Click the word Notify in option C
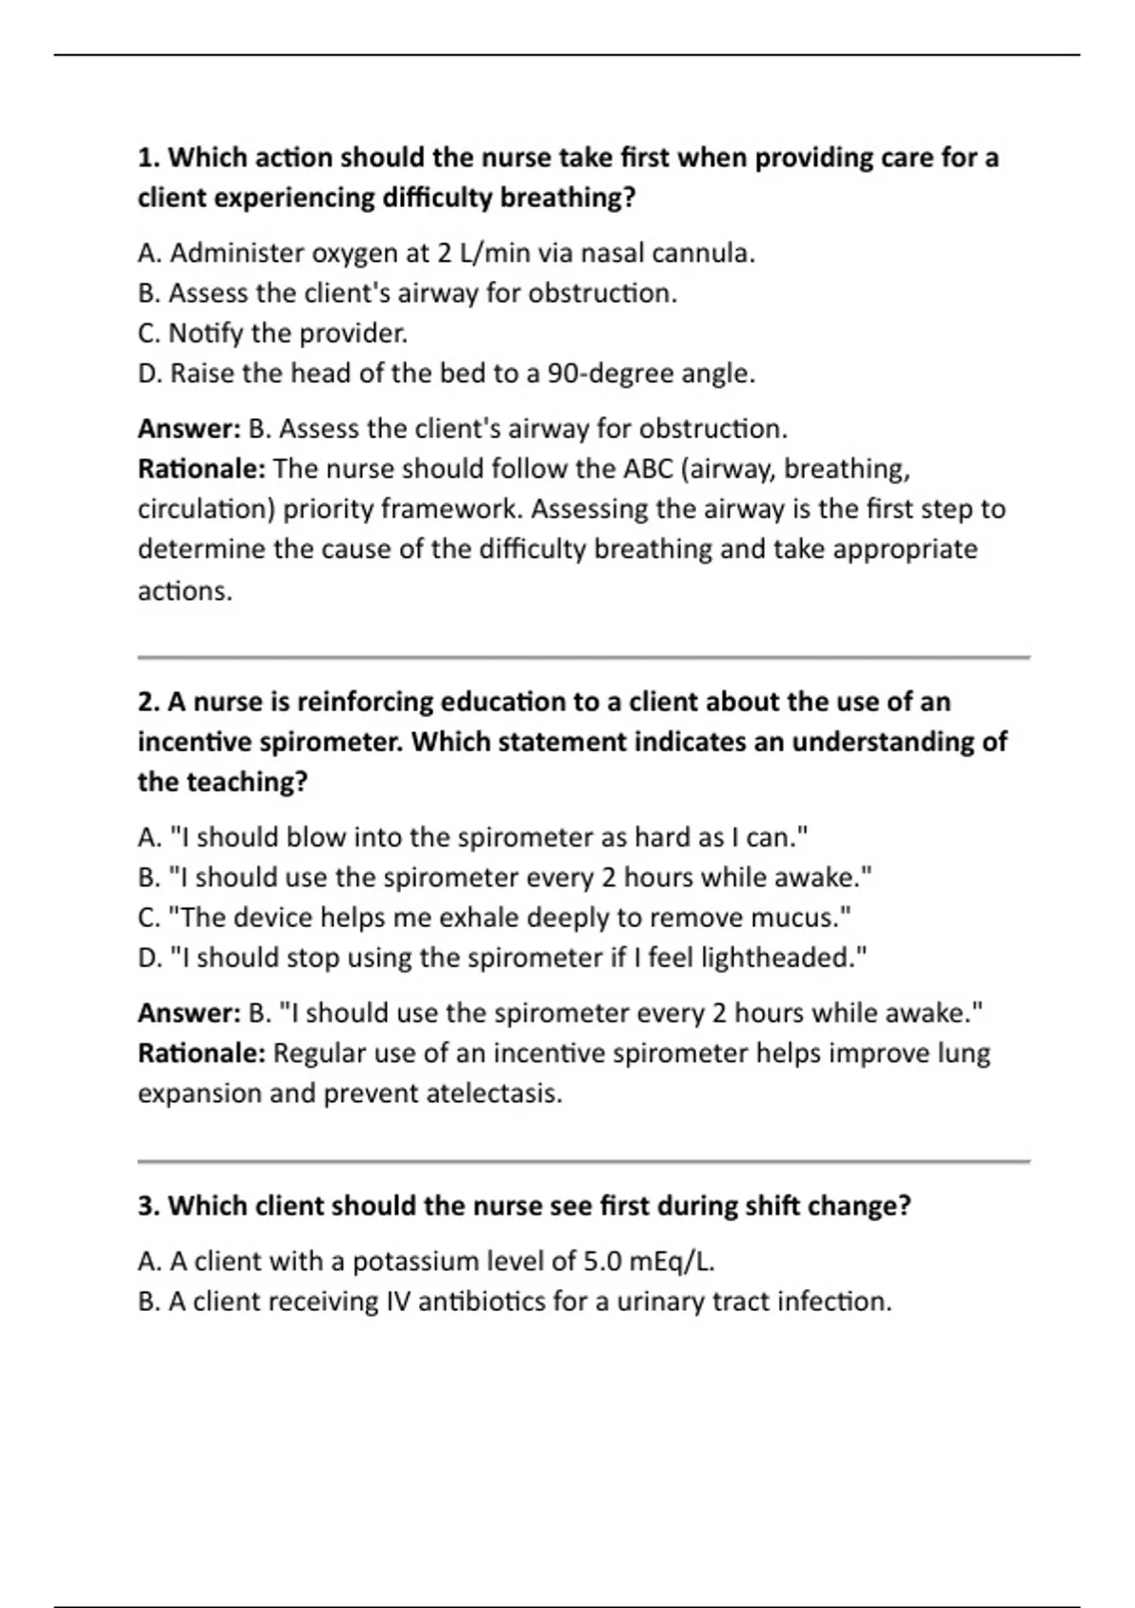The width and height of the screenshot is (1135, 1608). tap(206, 334)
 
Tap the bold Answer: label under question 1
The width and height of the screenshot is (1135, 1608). tap(189, 429)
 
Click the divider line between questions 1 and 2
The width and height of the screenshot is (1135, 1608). tap(583, 656)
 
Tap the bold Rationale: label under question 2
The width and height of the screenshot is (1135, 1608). tap(201, 1054)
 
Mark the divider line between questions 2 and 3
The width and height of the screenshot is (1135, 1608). tap(583, 1161)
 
